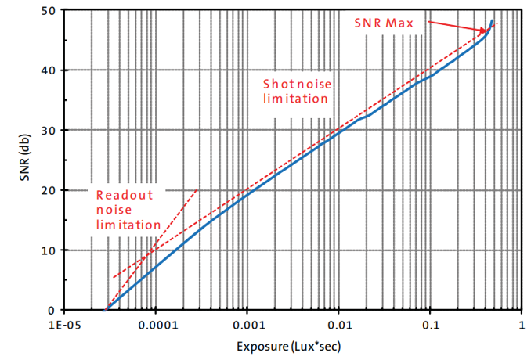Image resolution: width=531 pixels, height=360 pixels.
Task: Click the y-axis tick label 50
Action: click(50, 10)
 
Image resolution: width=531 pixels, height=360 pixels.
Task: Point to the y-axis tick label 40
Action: click(50, 70)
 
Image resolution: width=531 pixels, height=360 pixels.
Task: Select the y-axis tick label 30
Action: click(50, 130)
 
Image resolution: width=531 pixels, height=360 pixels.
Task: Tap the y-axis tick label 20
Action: click(50, 190)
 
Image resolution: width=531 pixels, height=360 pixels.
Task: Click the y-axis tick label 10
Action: click(50, 250)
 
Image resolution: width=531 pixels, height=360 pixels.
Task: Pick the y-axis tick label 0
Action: click(53, 310)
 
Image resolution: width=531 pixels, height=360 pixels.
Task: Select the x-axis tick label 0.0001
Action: click(156, 323)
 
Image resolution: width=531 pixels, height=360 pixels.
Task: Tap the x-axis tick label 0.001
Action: click(247, 323)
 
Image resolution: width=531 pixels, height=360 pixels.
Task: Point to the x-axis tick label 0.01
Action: click(338, 323)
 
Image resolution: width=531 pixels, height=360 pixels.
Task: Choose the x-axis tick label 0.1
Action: click(430, 323)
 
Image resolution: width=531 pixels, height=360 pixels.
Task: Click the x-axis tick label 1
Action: click(521, 323)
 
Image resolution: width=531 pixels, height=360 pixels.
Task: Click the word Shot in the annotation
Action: click(277, 84)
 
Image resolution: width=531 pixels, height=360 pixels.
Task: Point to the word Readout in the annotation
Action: click(125, 196)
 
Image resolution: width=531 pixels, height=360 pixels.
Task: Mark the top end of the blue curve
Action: click(492, 20)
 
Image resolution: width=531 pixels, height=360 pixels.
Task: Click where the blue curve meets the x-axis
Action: click(105, 309)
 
